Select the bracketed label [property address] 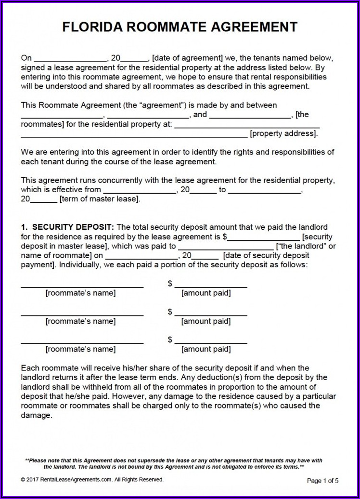click(x=284, y=133)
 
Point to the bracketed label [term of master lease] click(x=100, y=199)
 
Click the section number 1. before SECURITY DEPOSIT click(x=25, y=227)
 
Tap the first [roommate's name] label click(x=80, y=293)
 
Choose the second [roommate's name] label click(x=80, y=321)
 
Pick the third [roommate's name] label click(x=80, y=349)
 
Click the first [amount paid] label click(x=206, y=293)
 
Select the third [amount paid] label click(x=206, y=349)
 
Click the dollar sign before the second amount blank click(x=170, y=312)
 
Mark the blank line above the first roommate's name click(x=82, y=286)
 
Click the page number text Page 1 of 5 click(x=323, y=481)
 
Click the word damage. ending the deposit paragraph click(x=36, y=415)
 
